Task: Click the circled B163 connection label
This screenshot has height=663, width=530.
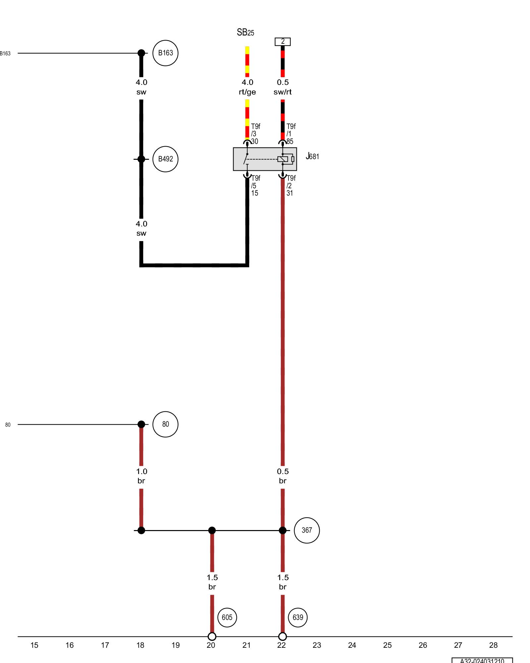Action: pos(165,53)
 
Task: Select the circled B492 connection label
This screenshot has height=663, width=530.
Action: pos(165,159)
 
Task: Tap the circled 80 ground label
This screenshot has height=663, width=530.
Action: pos(165,424)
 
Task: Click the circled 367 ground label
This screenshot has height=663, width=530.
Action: pos(307,530)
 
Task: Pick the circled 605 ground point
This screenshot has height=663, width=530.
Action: pos(227,617)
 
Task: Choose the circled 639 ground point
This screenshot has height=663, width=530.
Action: pos(298,617)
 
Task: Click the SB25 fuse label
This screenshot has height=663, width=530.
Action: pos(245,32)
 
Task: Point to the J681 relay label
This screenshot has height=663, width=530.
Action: pos(312,156)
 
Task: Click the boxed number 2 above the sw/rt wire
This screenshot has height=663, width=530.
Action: pos(283,41)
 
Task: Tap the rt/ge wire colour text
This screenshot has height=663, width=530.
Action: pos(247,92)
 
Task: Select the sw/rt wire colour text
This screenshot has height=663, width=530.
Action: pos(283,92)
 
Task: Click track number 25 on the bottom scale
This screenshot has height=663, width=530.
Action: pos(387,645)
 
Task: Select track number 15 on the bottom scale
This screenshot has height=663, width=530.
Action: pos(34,645)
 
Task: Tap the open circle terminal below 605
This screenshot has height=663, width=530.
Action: pos(212,636)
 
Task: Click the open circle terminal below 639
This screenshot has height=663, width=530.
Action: pos(283,636)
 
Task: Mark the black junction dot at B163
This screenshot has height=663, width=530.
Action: pos(141,53)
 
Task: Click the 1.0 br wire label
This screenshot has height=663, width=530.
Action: pos(141,476)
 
